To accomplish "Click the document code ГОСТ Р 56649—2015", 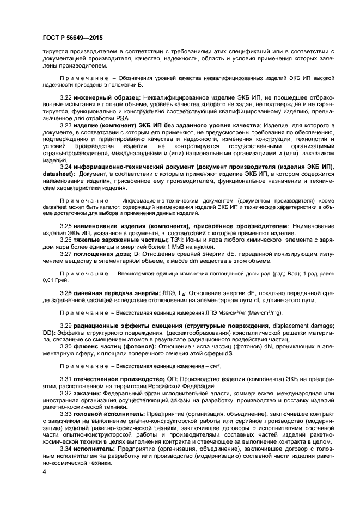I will (x=72, y=38).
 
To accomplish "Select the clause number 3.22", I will (x=66, y=96).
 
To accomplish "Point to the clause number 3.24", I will (x=66, y=166).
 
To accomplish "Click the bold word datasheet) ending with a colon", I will (x=59, y=173).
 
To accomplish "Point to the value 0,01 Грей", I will (x=57, y=281).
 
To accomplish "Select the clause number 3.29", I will (x=66, y=326).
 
